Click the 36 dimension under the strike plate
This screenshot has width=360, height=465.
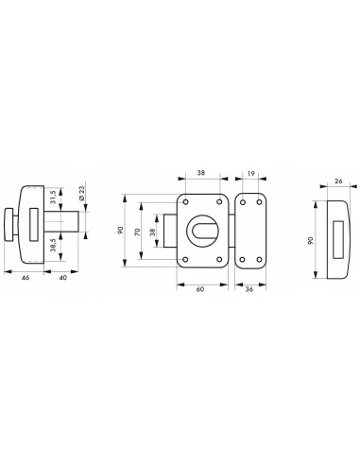click(x=248, y=289)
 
